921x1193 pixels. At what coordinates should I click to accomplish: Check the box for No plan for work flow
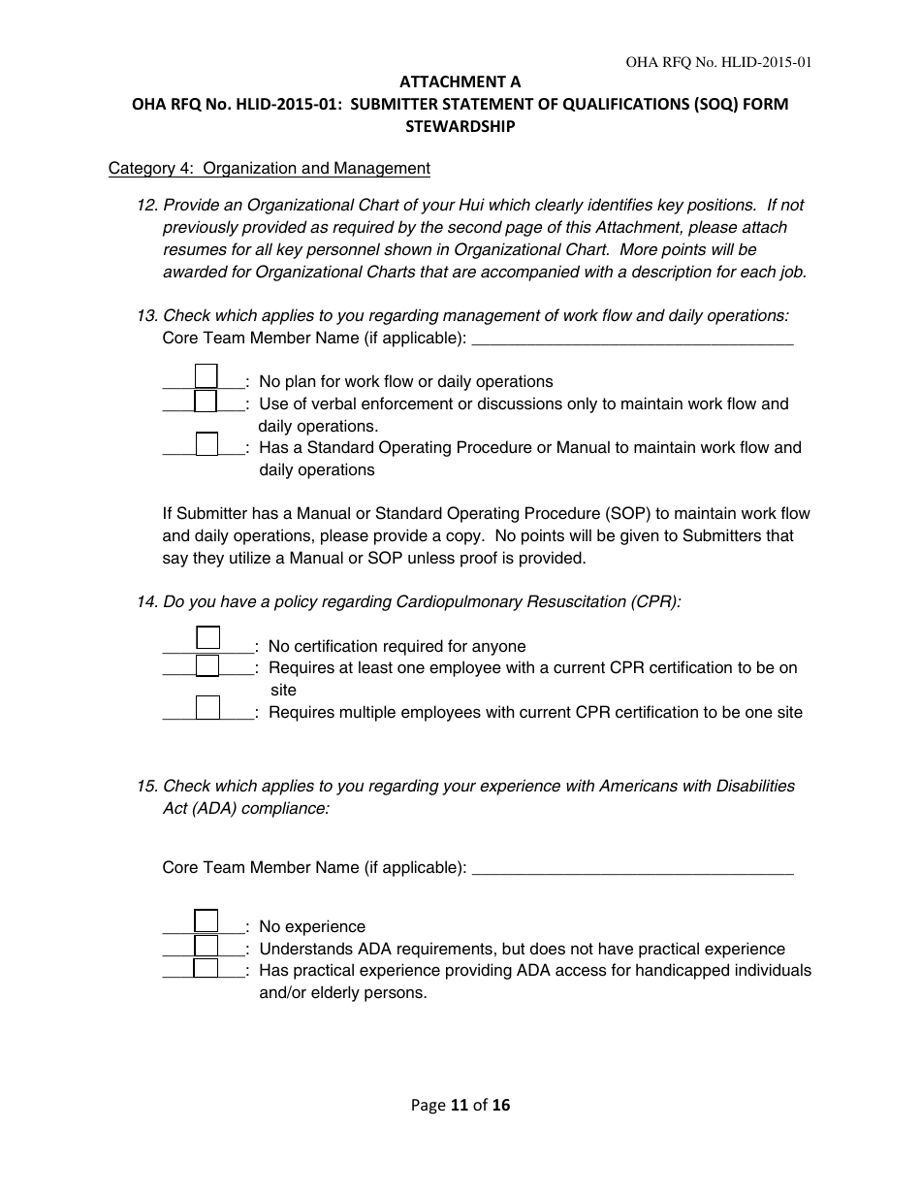(206, 375)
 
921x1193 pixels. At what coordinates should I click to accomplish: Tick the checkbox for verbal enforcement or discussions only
(206, 401)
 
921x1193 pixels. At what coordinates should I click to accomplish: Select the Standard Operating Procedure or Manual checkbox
(206, 444)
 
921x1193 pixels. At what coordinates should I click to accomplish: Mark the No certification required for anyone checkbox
(207, 637)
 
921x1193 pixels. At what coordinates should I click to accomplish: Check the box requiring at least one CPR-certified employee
(207, 665)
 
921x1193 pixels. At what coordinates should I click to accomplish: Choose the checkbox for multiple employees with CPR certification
(207, 708)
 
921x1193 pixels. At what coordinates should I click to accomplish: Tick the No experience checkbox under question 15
(206, 920)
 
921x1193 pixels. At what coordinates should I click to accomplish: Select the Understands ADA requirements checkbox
(206, 946)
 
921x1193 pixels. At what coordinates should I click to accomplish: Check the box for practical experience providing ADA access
(206, 968)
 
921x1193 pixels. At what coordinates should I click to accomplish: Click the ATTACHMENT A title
(460, 83)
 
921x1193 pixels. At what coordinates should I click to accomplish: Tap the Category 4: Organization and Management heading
(269, 169)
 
